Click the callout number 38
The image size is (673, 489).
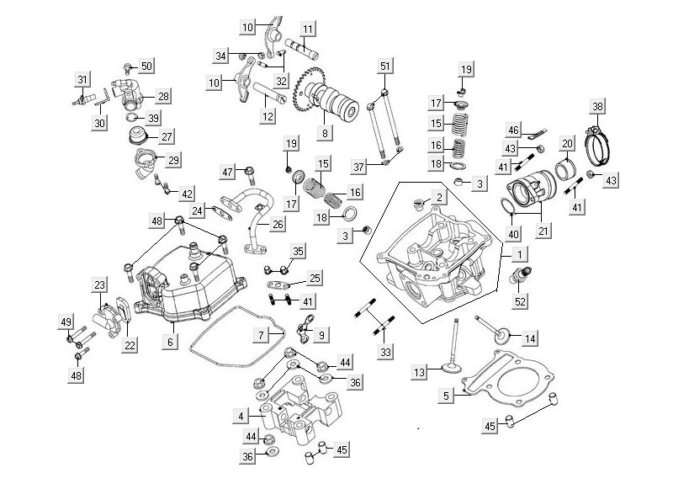coord(597,107)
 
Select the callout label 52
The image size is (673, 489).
coord(520,301)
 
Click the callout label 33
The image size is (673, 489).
coord(386,352)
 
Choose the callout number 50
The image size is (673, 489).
coord(146,66)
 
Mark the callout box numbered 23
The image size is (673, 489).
coord(99,285)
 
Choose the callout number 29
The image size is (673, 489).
coord(172,160)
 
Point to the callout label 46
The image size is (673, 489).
coord(512,130)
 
